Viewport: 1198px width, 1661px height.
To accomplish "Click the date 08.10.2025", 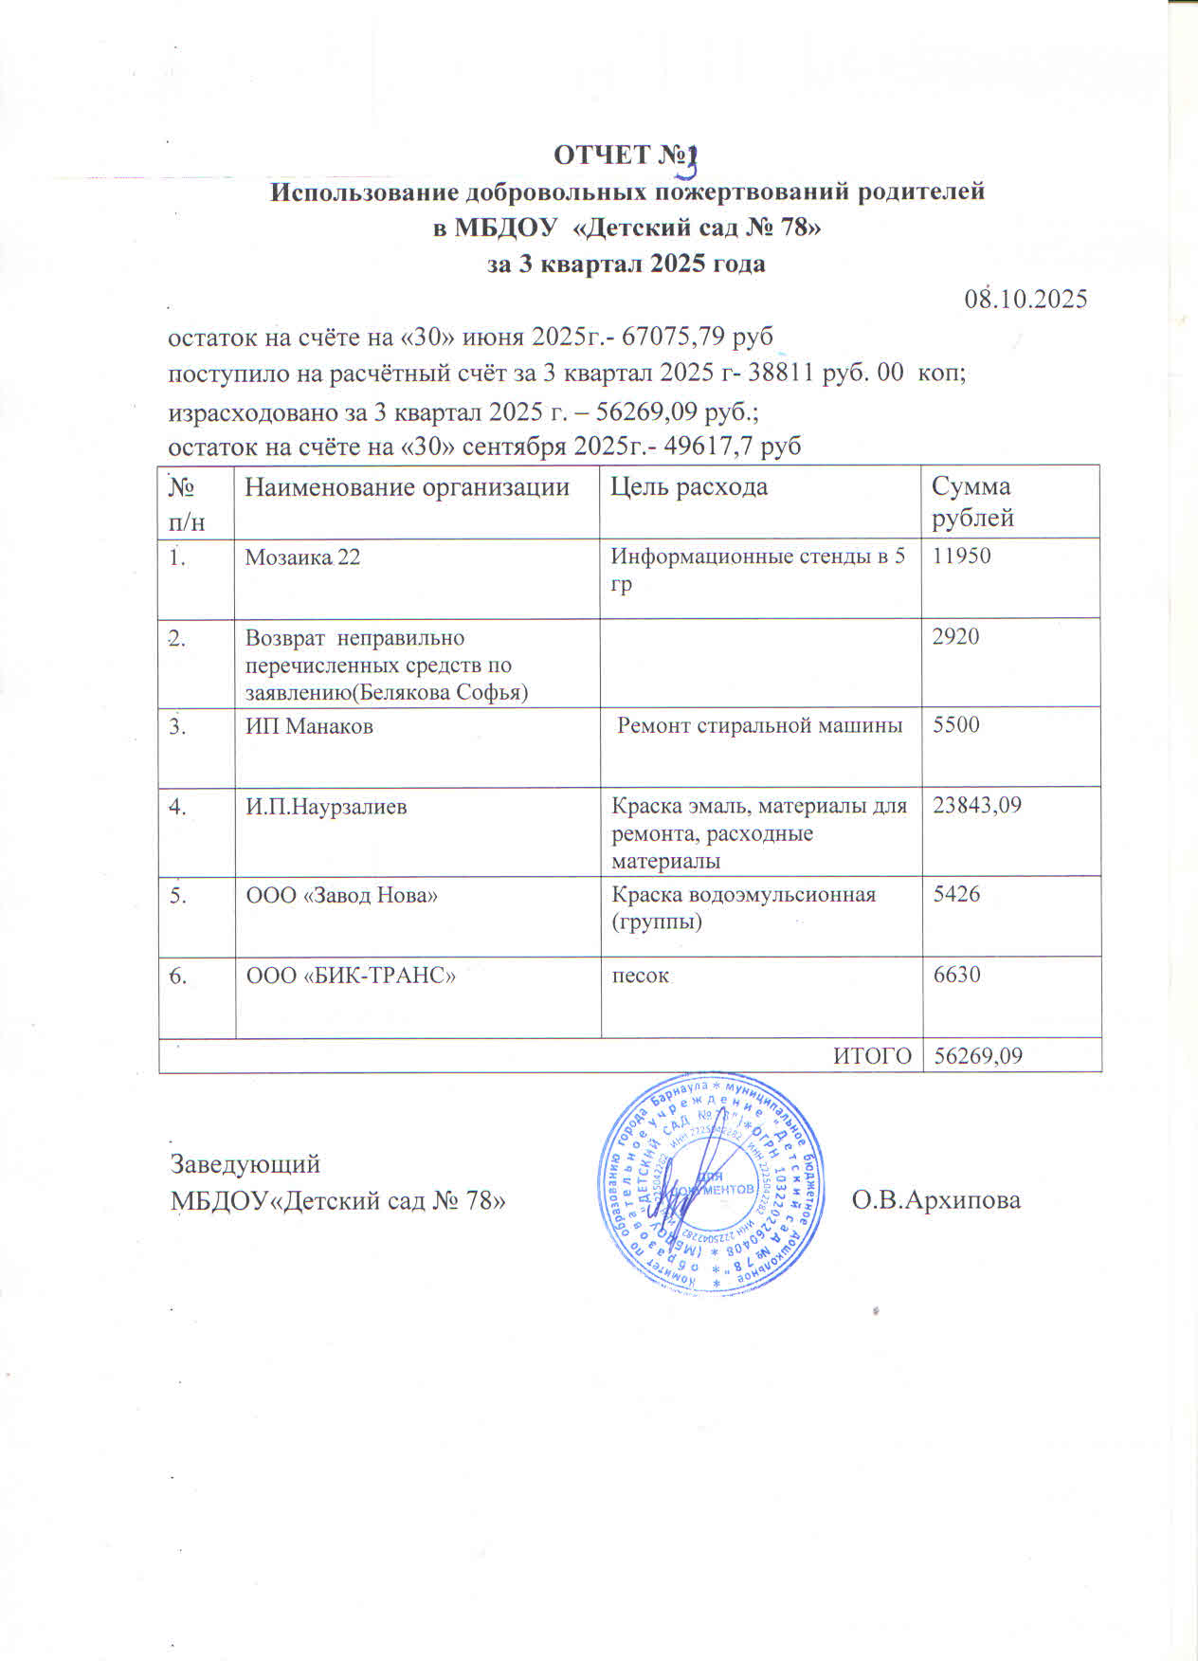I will point(1026,300).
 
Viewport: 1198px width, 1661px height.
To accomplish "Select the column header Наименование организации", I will point(408,487).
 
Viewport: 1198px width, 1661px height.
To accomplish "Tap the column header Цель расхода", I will point(689,487).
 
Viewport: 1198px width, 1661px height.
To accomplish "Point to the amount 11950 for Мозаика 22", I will point(962,557).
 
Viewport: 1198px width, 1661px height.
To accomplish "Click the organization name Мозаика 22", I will point(302,557).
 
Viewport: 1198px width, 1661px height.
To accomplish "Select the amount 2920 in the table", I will point(955,636).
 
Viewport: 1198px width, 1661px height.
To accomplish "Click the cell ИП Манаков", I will point(309,727).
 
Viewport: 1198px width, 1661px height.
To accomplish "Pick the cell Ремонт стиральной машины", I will point(759,726).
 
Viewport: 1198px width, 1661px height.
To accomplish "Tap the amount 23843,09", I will point(977,806).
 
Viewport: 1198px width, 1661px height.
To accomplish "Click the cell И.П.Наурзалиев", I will point(326,808).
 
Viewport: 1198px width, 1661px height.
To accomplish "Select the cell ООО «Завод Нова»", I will point(341,895).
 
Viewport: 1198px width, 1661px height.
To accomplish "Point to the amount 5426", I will point(956,894).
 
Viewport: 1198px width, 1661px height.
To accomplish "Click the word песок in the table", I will point(641,976).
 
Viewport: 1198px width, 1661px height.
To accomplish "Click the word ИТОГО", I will point(872,1056).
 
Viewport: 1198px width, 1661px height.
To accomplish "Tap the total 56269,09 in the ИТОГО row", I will point(978,1056).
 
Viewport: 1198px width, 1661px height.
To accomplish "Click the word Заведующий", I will point(245,1164).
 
